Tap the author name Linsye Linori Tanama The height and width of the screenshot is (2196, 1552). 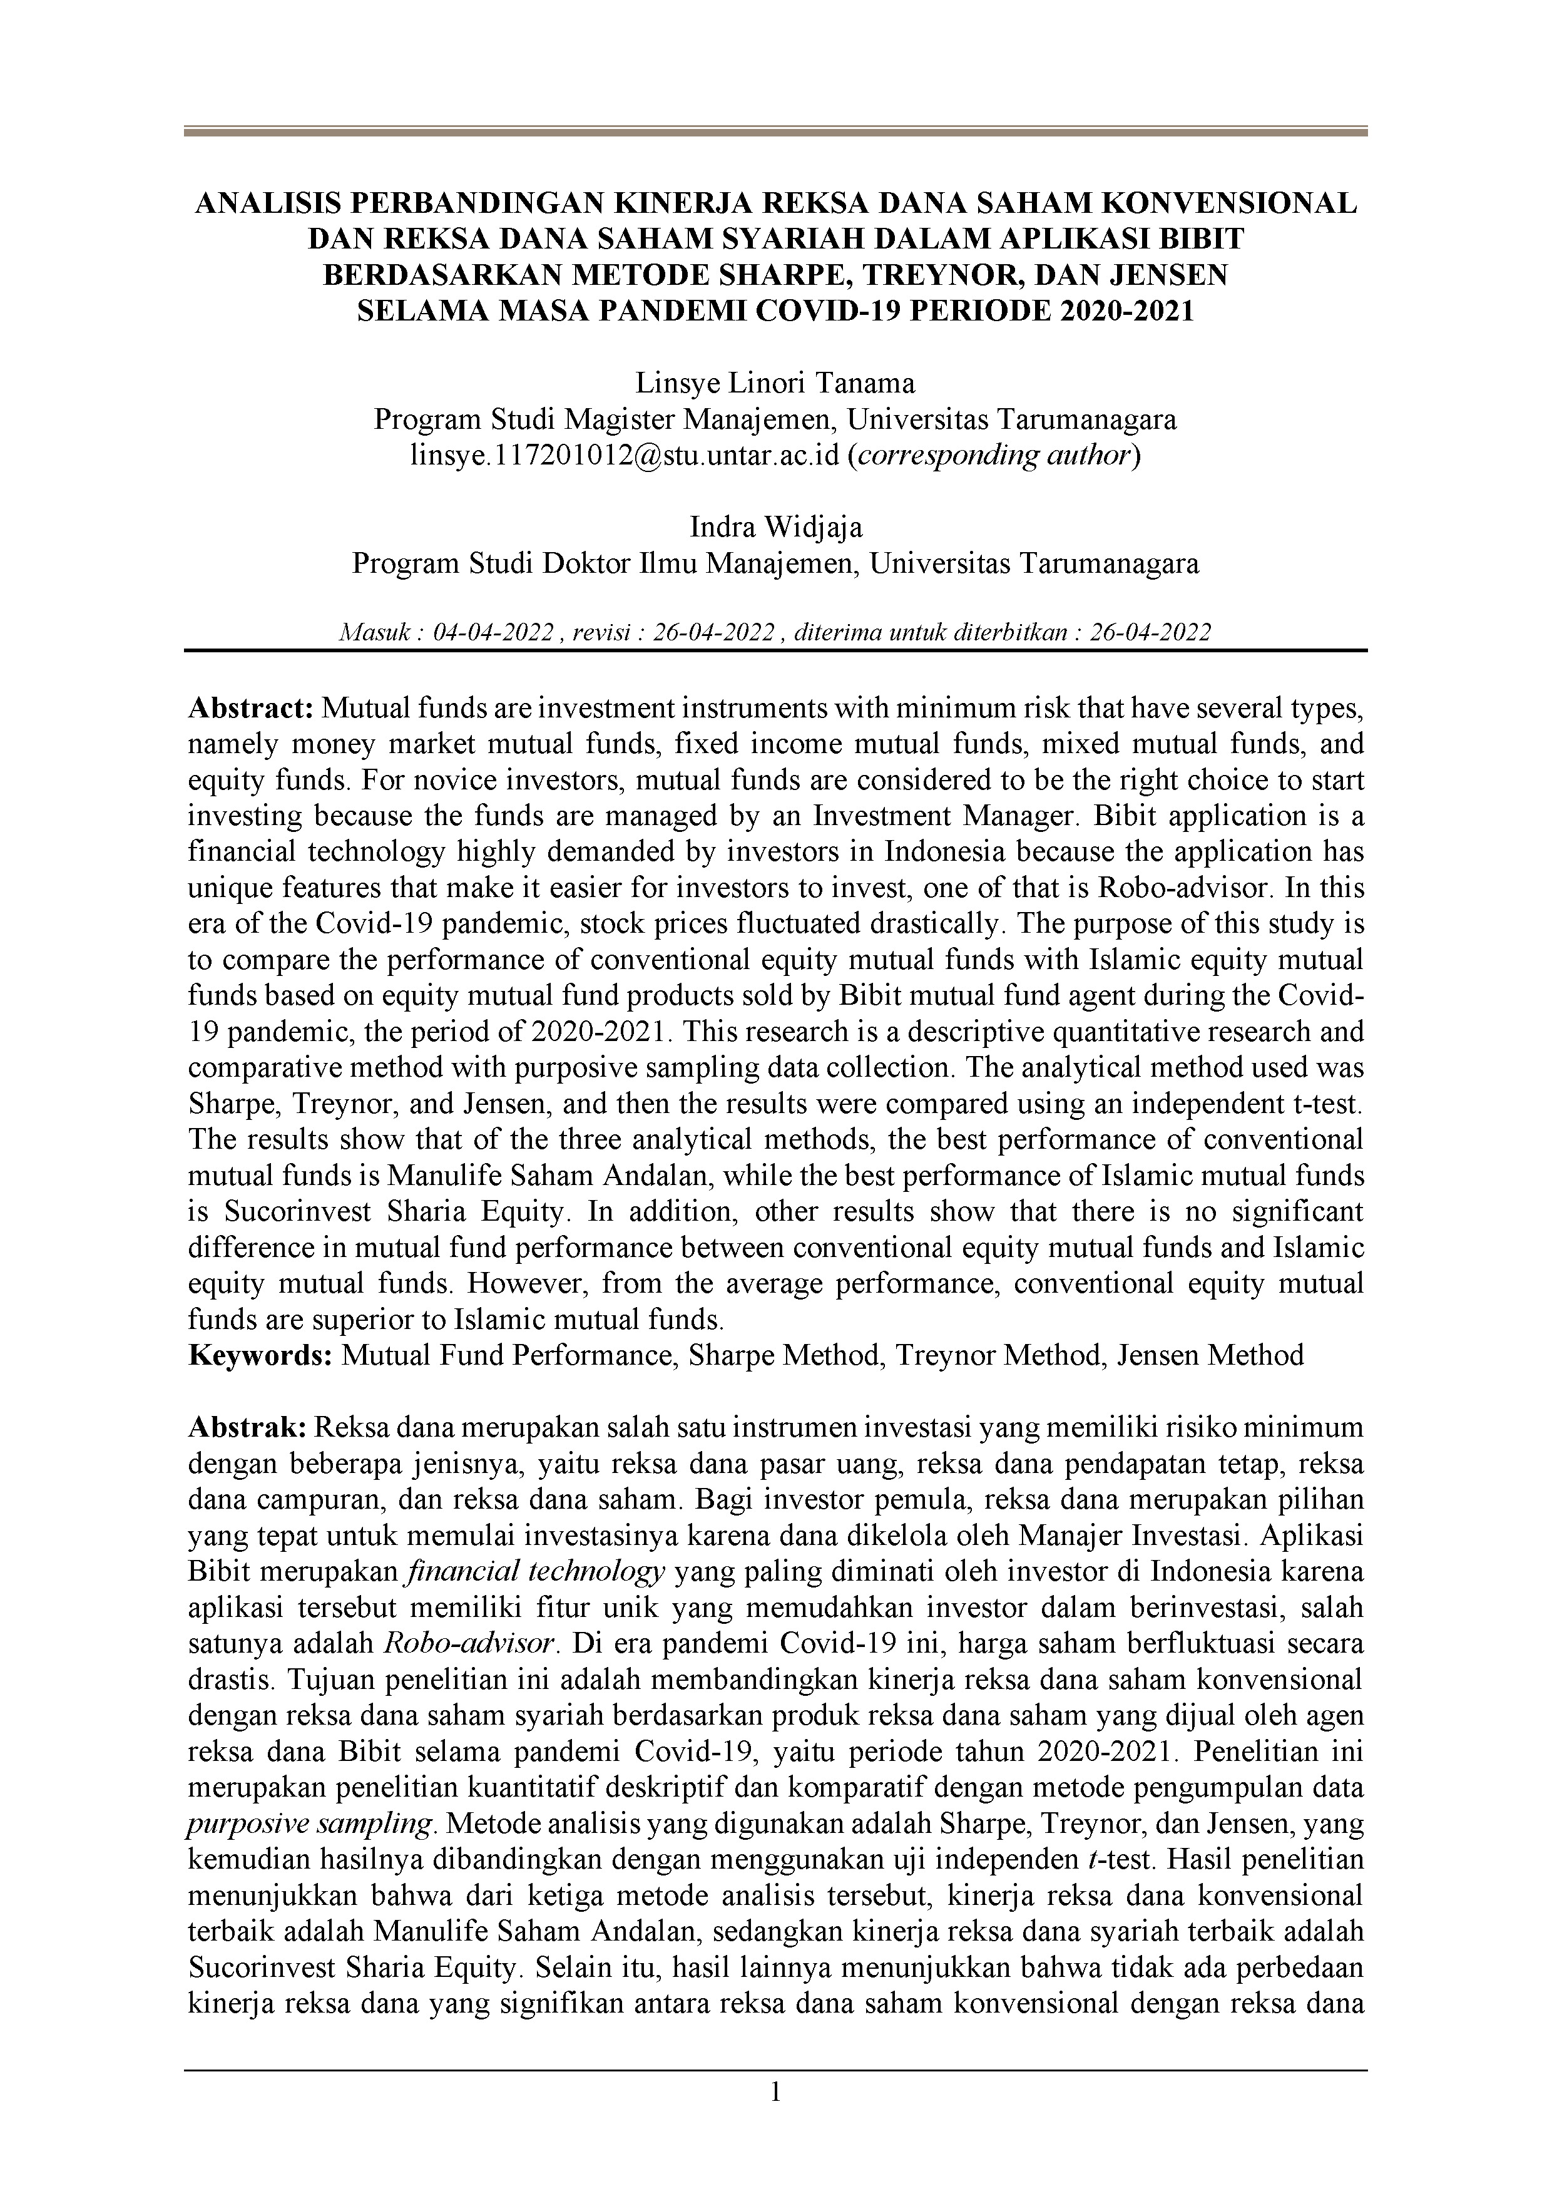[775, 384]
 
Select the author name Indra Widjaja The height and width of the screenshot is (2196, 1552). [775, 527]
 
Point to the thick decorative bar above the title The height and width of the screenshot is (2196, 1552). [775, 132]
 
